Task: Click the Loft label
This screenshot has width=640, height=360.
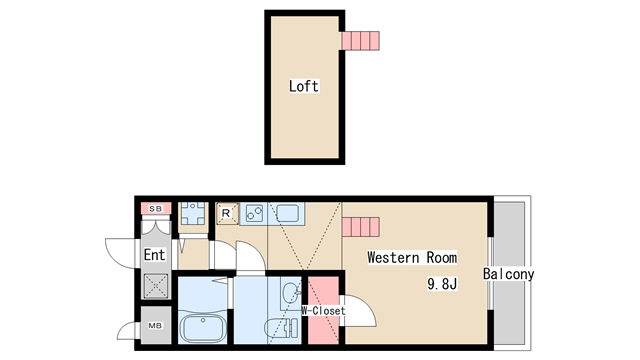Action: coord(304,86)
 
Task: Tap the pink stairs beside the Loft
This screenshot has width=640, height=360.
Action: coord(361,41)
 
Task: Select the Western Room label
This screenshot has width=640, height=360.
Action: coord(412,258)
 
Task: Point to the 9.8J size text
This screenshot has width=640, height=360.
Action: coord(442,283)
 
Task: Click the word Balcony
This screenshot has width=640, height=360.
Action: coord(509,274)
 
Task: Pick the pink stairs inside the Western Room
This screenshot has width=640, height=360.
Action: coord(361,227)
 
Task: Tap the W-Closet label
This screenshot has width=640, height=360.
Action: coord(323,311)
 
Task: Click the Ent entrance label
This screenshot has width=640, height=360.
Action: coord(155,255)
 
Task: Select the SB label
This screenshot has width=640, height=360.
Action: coord(156,209)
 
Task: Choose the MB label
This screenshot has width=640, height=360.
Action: coord(156,325)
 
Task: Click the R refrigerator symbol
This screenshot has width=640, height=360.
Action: coord(226,213)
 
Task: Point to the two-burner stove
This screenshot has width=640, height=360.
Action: coord(254,213)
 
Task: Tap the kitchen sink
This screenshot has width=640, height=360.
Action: coord(288,213)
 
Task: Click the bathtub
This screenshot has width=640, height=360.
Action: coord(202,327)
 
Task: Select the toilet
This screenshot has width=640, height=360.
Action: coord(282,327)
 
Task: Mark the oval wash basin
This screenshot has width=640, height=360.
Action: coord(290,293)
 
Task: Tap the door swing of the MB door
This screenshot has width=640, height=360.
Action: coord(126,331)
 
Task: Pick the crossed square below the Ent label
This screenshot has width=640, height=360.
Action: coord(156,286)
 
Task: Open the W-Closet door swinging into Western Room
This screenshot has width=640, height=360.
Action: coord(359,311)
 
